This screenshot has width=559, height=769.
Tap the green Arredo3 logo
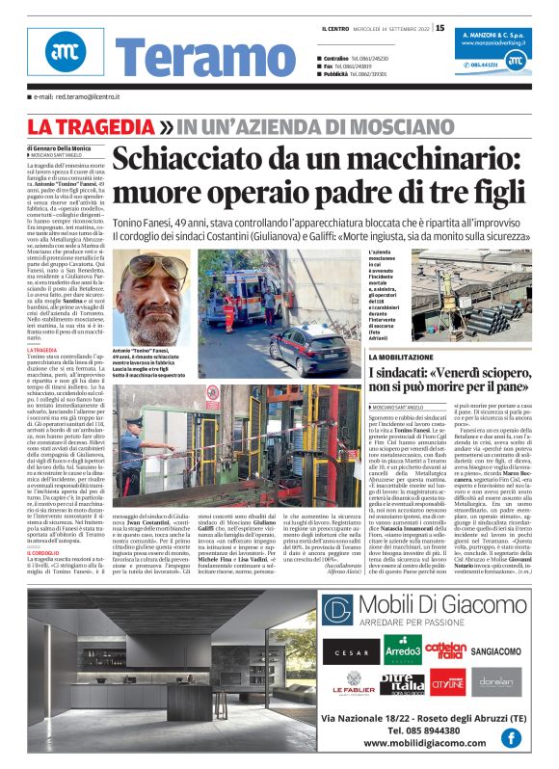click(402, 650)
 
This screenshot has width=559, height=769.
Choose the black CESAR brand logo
click(351, 652)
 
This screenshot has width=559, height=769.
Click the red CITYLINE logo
click(446, 682)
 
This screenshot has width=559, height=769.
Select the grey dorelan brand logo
click(495, 682)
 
